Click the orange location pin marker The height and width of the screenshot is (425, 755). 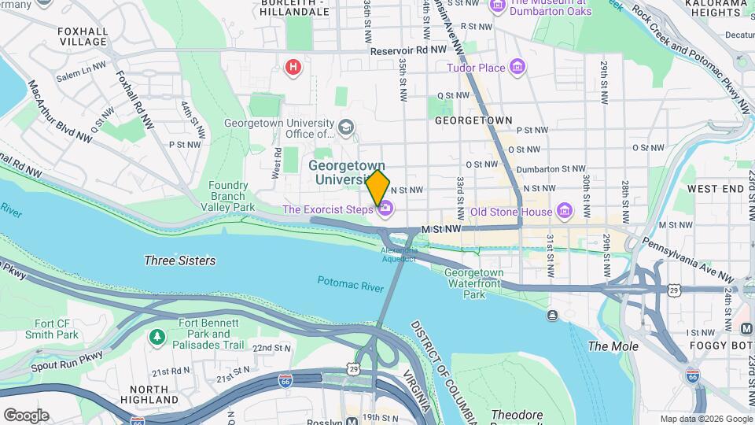click(x=377, y=187)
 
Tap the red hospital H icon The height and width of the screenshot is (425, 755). click(x=293, y=67)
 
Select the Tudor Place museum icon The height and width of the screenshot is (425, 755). click(x=517, y=68)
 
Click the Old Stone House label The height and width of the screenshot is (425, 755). click(x=511, y=211)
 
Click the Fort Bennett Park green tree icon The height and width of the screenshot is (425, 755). click(x=158, y=336)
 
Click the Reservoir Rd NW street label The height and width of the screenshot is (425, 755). click(x=409, y=49)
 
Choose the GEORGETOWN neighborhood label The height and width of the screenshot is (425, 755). click(x=473, y=120)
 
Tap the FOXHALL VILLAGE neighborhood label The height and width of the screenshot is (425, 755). click(x=83, y=35)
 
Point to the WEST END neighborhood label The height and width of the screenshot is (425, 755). click(x=715, y=189)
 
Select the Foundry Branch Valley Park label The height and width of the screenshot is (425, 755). click(x=232, y=196)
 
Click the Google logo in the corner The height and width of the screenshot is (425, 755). click(x=26, y=416)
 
